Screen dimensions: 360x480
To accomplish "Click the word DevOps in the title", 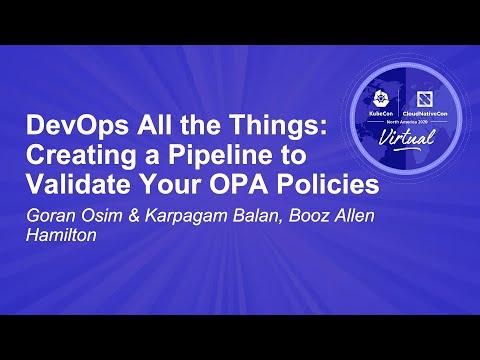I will click(64, 129).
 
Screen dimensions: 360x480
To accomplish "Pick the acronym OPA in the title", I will click(208, 185).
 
